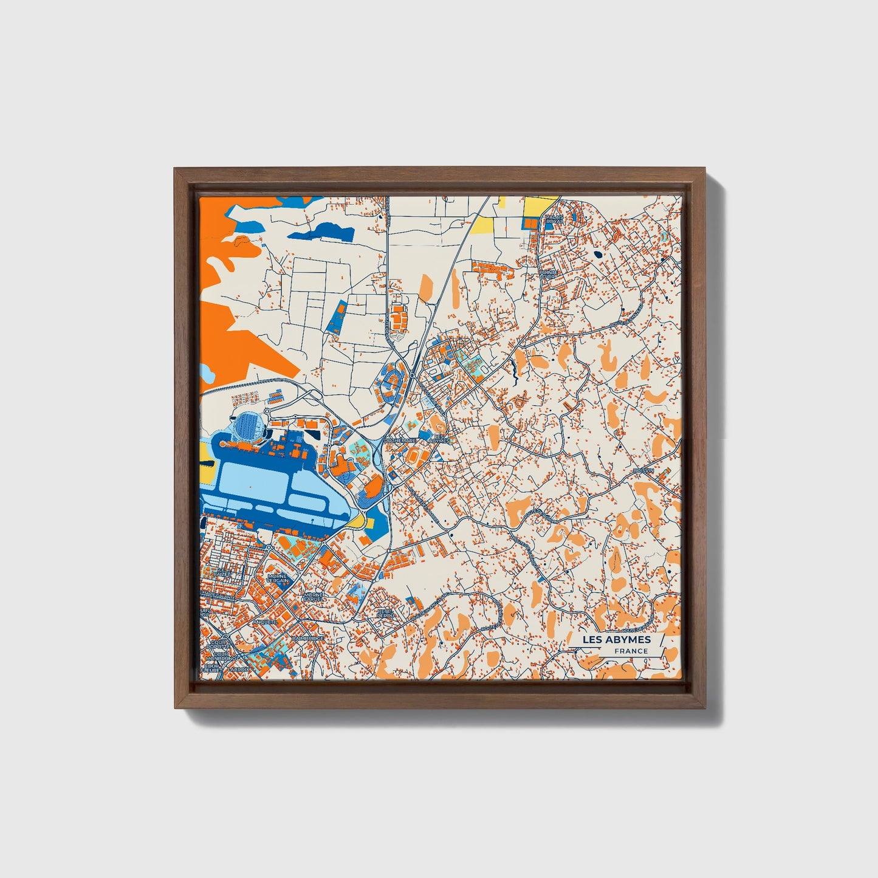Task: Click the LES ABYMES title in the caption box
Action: (x=616, y=639)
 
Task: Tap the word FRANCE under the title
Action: (x=631, y=651)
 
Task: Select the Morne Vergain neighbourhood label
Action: (x=278, y=578)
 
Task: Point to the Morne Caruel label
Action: (x=314, y=597)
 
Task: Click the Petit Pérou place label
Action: (x=385, y=613)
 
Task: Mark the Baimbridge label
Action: (x=308, y=639)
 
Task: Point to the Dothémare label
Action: (x=400, y=440)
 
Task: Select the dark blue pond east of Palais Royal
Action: (x=598, y=255)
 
